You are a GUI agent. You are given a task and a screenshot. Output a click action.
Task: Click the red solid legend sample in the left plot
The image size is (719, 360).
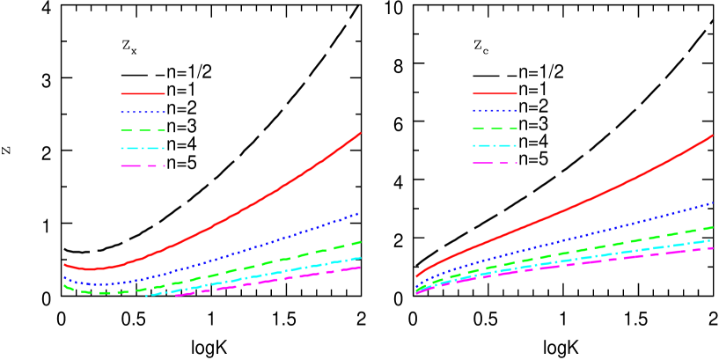[x=143, y=93]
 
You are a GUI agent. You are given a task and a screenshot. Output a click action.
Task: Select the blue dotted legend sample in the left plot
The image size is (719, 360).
[x=143, y=112]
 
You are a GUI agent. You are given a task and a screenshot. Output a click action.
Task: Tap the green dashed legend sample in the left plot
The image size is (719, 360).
[x=143, y=129]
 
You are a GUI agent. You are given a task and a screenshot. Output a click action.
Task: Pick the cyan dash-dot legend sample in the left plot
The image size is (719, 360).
[x=143, y=148]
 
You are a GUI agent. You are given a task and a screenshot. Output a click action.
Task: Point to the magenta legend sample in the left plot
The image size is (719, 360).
[x=143, y=165]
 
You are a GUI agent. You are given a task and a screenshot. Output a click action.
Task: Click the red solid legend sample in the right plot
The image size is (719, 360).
[x=495, y=92]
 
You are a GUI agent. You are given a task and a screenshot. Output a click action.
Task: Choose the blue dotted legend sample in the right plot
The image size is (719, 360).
[x=495, y=111]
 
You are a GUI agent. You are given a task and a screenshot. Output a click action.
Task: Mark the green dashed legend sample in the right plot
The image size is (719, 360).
[x=495, y=129]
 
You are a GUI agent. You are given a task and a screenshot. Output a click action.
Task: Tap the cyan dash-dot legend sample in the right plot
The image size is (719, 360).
[x=495, y=145]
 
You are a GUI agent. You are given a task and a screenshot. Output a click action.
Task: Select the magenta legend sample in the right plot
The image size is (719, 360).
[x=495, y=163]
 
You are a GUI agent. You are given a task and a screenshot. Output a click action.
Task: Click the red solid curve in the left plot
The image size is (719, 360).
[x=264, y=200]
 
